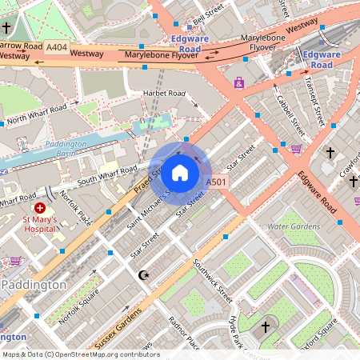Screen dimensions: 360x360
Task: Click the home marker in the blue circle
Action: pyautogui.click(x=180, y=172)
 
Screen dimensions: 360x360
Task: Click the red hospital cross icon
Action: pyautogui.click(x=40, y=208)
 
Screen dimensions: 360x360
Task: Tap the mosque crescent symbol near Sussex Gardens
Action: pyautogui.click(x=144, y=275)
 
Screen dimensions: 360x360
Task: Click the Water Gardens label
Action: pyautogui.click(x=293, y=226)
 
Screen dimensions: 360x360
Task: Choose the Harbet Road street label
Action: pyautogui.click(x=164, y=94)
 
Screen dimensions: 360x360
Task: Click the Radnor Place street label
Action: pyautogui.click(x=183, y=333)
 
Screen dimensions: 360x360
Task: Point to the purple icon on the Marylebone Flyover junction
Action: pyautogui.click(x=238, y=82)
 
